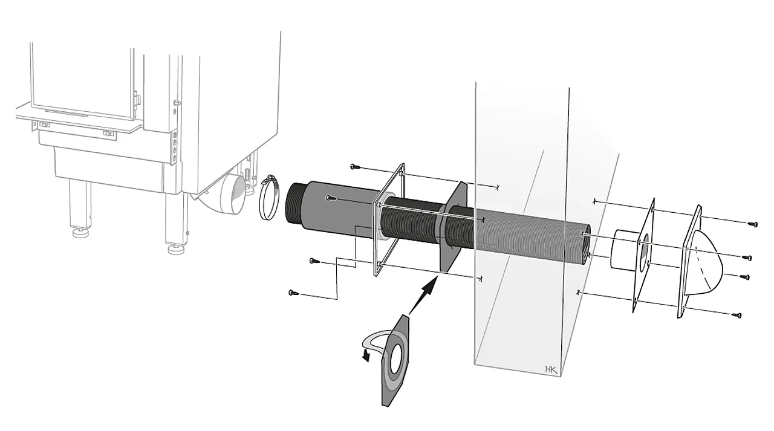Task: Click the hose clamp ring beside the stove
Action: (270, 197)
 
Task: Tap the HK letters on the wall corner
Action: (551, 369)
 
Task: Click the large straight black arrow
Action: (423, 296)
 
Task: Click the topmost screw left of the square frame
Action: (355, 166)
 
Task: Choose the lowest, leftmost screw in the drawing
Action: (293, 293)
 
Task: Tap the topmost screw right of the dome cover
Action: (753, 224)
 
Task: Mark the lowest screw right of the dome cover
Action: (737, 315)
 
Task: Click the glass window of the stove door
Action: (82, 79)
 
